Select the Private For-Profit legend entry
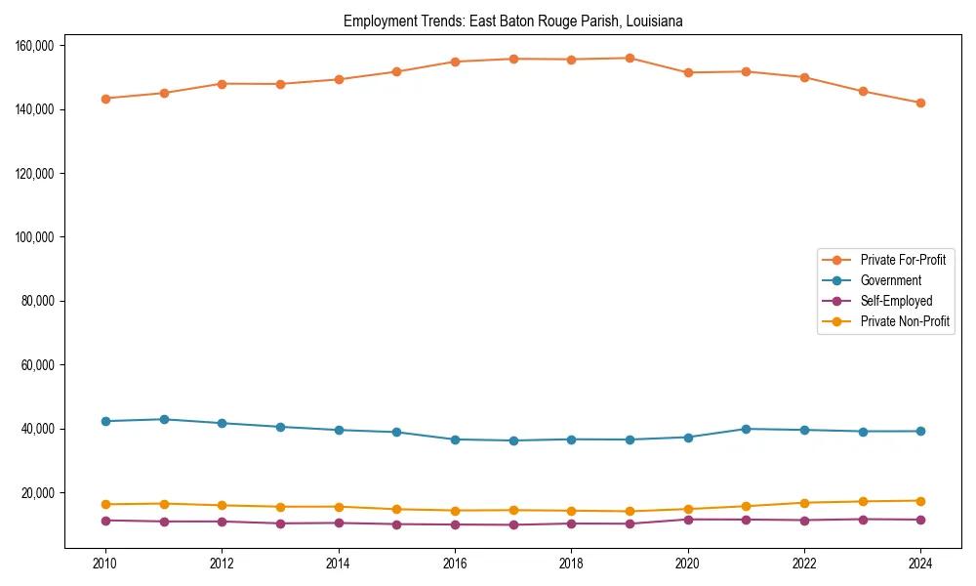(x=903, y=260)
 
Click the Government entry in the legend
(x=890, y=280)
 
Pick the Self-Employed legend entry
(x=896, y=301)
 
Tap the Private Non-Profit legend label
(x=905, y=321)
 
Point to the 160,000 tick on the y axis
(x=34, y=46)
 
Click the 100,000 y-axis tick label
(x=34, y=237)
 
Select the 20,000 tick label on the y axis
(x=37, y=493)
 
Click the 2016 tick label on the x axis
(x=455, y=564)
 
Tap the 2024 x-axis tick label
(x=920, y=564)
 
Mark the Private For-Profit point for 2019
(x=630, y=59)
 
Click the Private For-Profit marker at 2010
(x=105, y=99)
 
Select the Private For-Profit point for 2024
(x=920, y=103)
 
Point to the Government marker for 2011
(x=164, y=419)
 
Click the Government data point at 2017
(x=513, y=440)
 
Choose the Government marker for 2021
(x=746, y=429)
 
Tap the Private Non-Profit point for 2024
(x=920, y=501)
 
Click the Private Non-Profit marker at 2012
(x=222, y=505)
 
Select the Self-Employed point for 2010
(x=105, y=521)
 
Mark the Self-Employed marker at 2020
(x=688, y=520)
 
